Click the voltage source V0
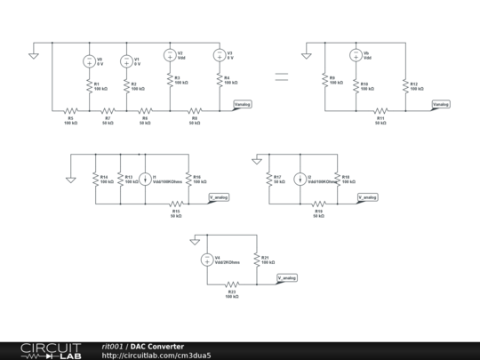point(90,61)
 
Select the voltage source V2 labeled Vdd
point(169,54)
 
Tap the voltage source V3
point(219,54)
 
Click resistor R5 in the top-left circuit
point(70,111)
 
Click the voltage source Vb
point(355,55)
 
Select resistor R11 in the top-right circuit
point(380,111)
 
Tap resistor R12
point(405,85)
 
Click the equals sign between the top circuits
point(280,77)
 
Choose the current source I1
point(147,179)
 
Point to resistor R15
point(176,204)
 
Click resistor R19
point(318,204)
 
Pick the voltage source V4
point(206,260)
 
